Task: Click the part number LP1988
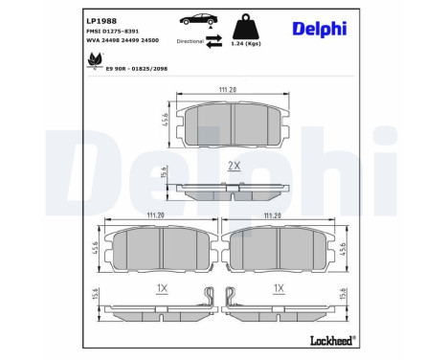pos(101,18)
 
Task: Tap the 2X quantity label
pos(233,166)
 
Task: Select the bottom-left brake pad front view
pos(162,251)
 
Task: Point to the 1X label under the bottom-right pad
pos(279,287)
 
